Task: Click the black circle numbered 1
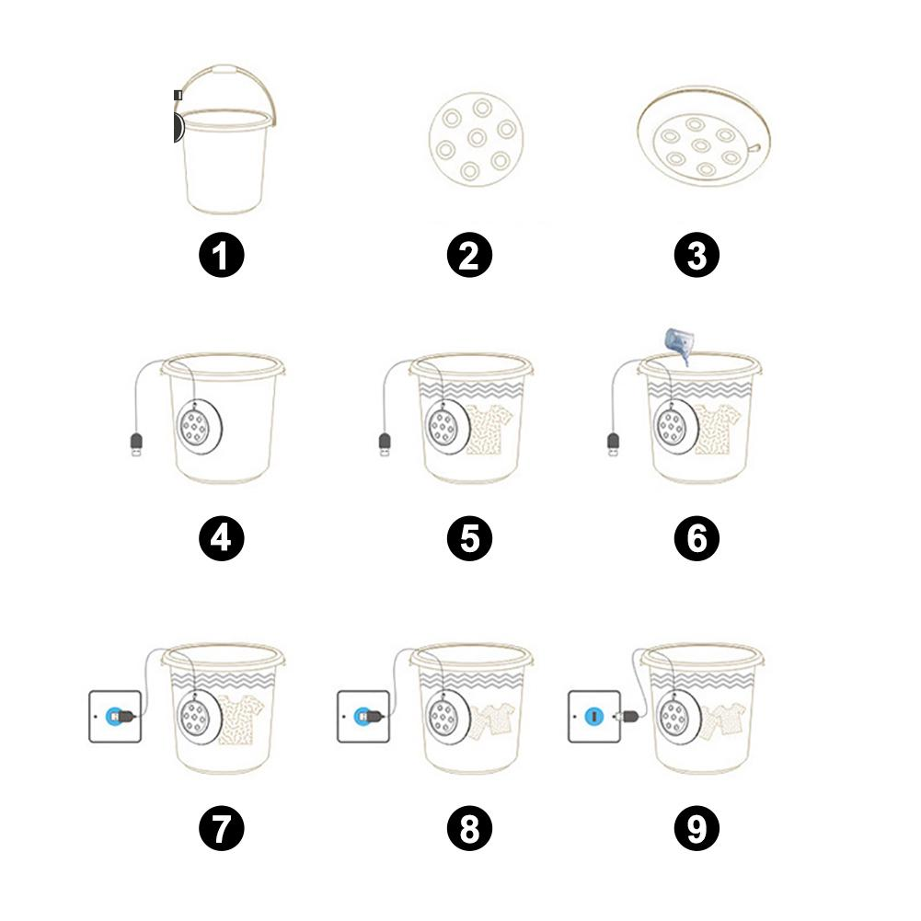pyautogui.click(x=222, y=256)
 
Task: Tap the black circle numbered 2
pyautogui.click(x=469, y=256)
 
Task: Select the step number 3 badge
pyautogui.click(x=697, y=256)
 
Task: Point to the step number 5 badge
pyautogui.click(x=469, y=538)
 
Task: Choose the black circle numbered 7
pyautogui.click(x=222, y=828)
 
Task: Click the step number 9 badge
pyautogui.click(x=697, y=828)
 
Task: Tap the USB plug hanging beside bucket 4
pyautogui.click(x=135, y=444)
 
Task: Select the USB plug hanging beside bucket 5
pyautogui.click(x=385, y=444)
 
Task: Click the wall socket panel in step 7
pyautogui.click(x=115, y=717)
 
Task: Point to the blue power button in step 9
pyautogui.click(x=594, y=717)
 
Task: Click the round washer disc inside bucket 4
pyautogui.click(x=200, y=426)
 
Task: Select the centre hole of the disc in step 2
pyautogui.click(x=477, y=138)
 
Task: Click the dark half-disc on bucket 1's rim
pyautogui.click(x=178, y=128)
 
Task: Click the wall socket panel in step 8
pyautogui.click(x=363, y=717)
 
